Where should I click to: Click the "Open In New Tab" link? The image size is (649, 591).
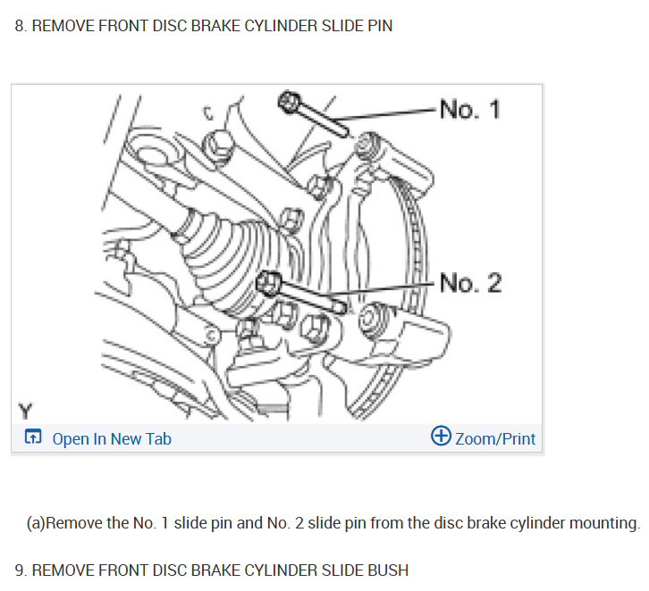[111, 438]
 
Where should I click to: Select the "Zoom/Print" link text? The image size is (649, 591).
[495, 438]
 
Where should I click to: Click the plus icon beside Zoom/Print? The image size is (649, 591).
[441, 437]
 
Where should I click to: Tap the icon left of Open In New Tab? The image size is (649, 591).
[33, 437]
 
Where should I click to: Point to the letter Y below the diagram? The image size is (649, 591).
[26, 412]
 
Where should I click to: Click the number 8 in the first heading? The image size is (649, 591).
[19, 26]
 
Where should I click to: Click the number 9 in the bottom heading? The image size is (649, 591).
[19, 570]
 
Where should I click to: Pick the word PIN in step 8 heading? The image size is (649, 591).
[379, 26]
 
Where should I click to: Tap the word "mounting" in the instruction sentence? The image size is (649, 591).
[605, 522]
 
